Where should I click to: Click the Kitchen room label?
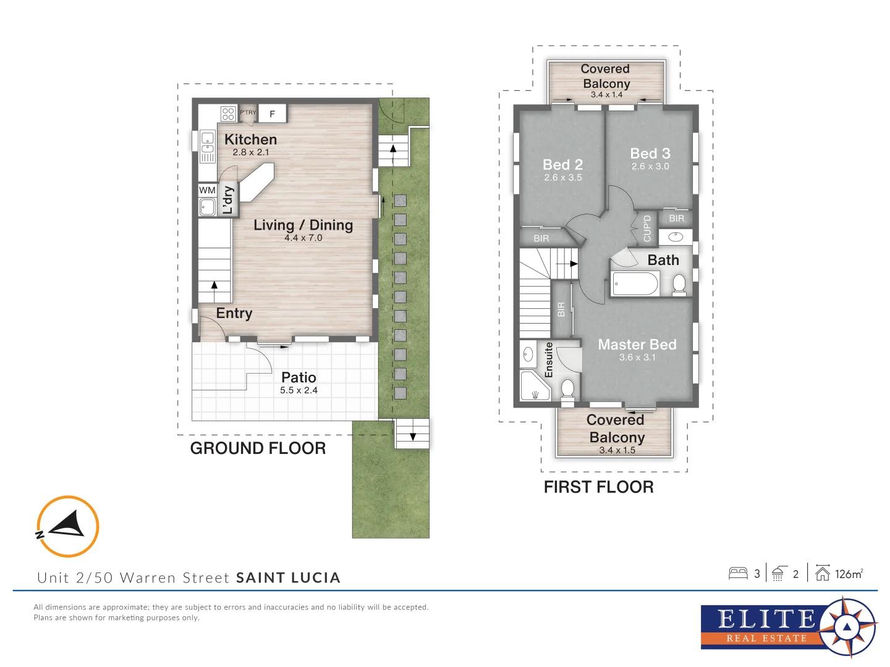tap(250, 140)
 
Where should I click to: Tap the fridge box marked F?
tap(272, 114)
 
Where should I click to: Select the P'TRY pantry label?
tap(248, 112)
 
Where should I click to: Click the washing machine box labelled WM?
tap(207, 190)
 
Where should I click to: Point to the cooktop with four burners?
tap(228, 114)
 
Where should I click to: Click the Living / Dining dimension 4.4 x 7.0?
tap(303, 238)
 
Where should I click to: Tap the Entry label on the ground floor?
tap(234, 313)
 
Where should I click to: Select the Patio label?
tap(299, 377)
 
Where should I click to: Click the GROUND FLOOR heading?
tap(258, 448)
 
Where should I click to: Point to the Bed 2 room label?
tap(562, 165)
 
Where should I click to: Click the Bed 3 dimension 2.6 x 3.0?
tap(650, 167)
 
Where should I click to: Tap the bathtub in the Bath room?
tap(635, 284)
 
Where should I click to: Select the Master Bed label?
tap(637, 345)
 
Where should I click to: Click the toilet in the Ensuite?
tap(567, 389)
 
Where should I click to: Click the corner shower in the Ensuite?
tap(533, 387)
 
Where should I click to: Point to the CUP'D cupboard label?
tap(647, 228)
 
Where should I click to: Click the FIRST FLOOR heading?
tap(598, 487)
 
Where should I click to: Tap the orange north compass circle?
tap(67, 526)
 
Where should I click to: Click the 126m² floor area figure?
tap(849, 574)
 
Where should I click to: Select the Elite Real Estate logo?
tap(788, 627)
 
